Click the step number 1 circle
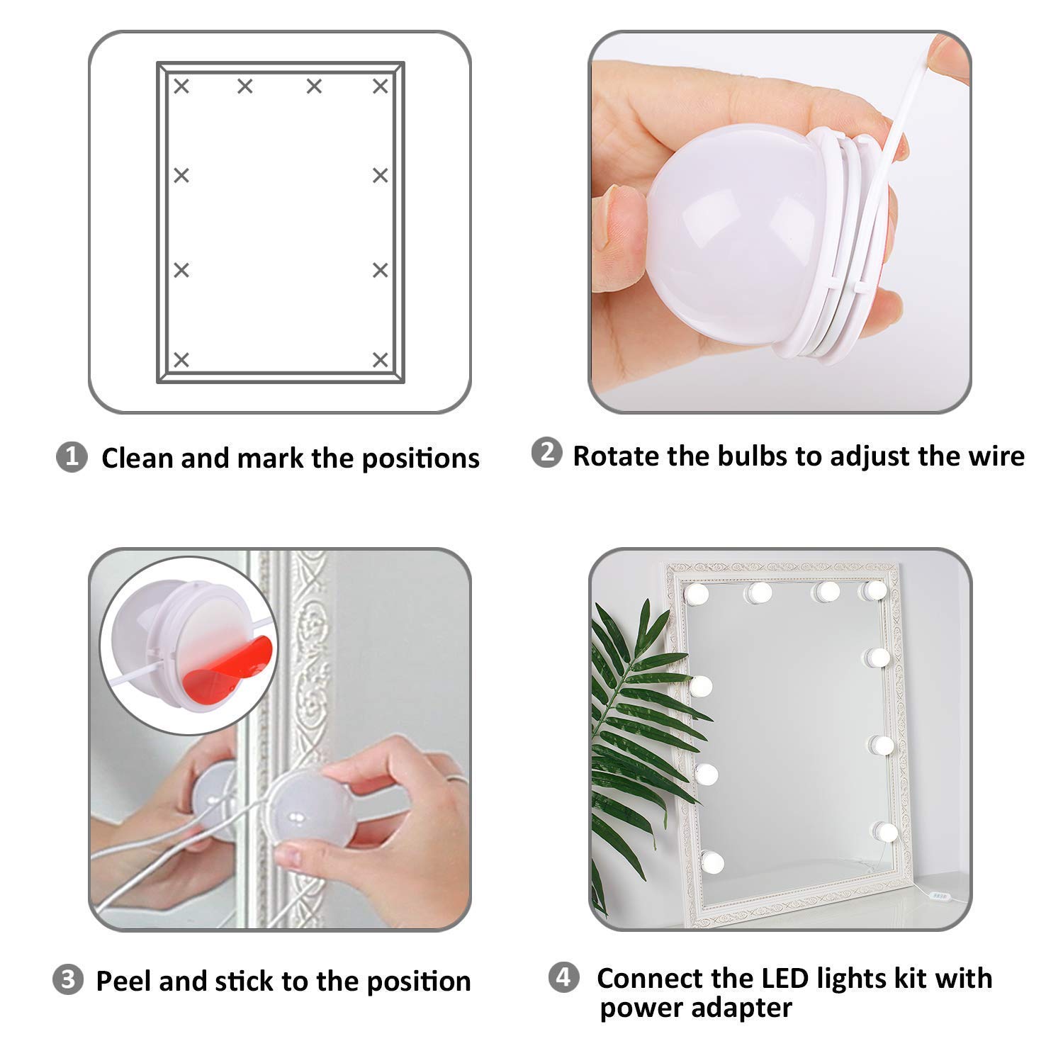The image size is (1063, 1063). [x=71, y=457]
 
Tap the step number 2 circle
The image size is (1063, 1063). [x=546, y=454]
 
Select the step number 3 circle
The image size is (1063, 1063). [x=69, y=980]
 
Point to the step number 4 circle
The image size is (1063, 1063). [x=564, y=978]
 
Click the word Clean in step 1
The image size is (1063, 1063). [x=137, y=458]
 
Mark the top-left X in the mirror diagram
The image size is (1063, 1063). [x=182, y=86]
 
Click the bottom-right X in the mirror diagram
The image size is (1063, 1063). [x=381, y=359]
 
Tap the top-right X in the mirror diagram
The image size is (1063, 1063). [x=381, y=86]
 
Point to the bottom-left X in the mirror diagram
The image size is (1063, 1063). [x=182, y=359]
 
